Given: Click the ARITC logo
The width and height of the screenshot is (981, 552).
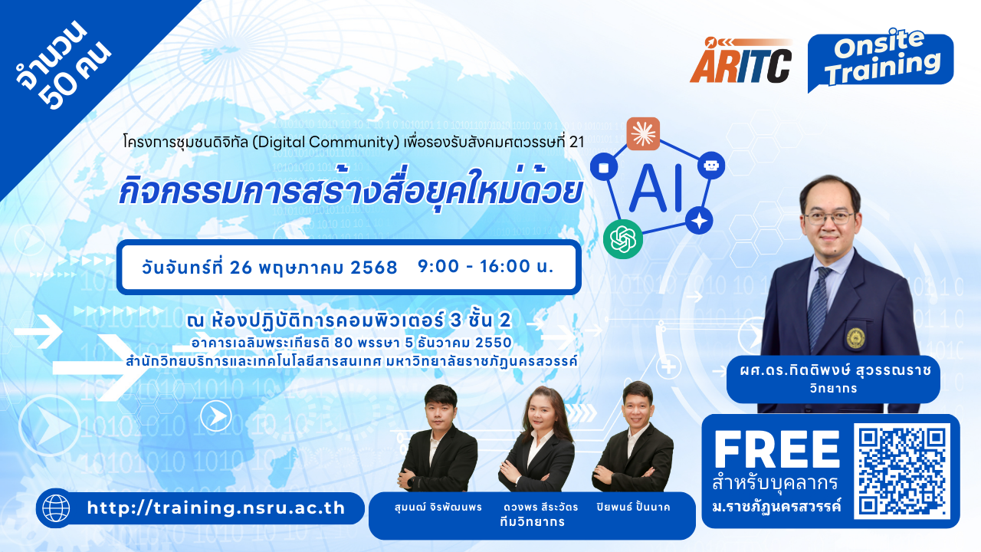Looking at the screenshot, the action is pos(741,61).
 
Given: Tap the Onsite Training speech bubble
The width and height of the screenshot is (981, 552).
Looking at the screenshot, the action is pos(881,61).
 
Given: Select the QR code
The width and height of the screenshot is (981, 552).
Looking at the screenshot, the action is pos(902,471).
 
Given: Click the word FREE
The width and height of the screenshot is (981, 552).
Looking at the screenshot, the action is pos(777,449).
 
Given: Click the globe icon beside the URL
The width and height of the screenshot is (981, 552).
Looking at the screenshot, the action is pos(56,508).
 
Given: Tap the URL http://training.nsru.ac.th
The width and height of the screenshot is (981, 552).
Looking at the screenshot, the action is pos(216,508).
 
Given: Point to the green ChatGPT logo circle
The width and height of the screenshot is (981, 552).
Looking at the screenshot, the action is pos(623,239).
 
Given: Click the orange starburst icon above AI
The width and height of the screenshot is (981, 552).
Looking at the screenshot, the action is pos(643,133).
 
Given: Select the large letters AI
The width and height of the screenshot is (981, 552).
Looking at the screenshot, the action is pos(655,189).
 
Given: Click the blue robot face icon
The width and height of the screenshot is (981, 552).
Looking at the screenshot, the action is pos(710,165).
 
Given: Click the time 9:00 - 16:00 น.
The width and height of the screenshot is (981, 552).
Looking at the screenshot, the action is pos(486,266).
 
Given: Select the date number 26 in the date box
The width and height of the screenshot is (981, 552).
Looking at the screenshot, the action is pos(241,268).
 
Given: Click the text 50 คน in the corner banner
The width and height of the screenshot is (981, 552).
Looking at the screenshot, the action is pos(74,74).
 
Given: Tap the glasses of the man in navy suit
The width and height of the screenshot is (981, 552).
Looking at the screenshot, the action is pos(829,218).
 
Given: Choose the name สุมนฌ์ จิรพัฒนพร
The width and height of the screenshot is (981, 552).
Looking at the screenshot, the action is pos(438,507).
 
